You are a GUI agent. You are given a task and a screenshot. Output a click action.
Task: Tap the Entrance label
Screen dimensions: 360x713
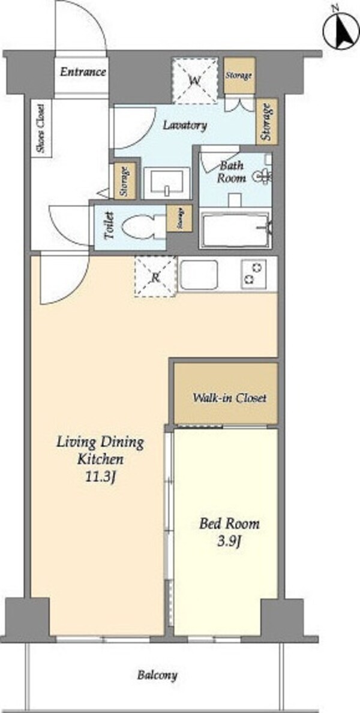(x=83, y=72)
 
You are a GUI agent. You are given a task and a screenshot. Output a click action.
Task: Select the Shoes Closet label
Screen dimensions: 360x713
(x=41, y=129)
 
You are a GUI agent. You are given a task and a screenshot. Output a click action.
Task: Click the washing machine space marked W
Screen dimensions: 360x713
(x=196, y=80)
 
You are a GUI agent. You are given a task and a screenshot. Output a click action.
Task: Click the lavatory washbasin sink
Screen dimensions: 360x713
(x=167, y=182)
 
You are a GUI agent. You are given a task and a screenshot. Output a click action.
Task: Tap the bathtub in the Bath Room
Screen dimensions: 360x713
(x=236, y=230)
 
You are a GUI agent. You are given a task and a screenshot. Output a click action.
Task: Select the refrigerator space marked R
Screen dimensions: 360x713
(x=155, y=276)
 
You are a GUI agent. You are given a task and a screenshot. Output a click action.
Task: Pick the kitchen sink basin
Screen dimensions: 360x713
(x=199, y=275)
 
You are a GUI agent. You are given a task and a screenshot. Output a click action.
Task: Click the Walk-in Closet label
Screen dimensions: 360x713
(x=229, y=398)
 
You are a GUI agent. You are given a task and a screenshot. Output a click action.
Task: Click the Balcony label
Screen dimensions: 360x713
(x=157, y=675)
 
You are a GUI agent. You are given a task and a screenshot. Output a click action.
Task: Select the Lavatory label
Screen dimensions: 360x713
(x=185, y=125)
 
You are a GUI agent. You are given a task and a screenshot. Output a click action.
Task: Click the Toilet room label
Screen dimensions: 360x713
(x=109, y=227)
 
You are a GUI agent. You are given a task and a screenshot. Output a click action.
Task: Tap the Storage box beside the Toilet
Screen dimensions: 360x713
(x=179, y=218)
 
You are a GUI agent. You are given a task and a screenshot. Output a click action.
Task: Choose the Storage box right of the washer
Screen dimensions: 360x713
(x=239, y=76)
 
